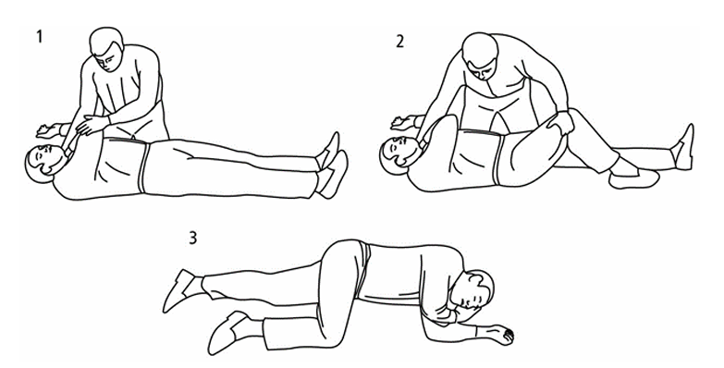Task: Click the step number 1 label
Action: tap(39, 36)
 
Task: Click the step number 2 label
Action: tap(399, 42)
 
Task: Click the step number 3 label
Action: tap(192, 238)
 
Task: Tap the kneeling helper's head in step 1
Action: tap(106, 49)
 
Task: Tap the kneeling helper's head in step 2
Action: tap(481, 55)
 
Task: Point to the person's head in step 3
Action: tap(474, 291)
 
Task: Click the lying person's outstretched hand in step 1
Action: tap(48, 131)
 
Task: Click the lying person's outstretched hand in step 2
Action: tap(403, 122)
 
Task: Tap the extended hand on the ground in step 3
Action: tap(502, 335)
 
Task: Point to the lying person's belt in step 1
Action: tap(144, 167)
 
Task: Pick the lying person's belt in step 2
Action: tap(498, 158)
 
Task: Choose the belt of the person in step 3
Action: tap(363, 269)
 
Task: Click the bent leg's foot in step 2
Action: tap(633, 178)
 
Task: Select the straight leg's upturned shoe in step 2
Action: tap(683, 147)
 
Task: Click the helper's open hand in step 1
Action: tap(92, 124)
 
